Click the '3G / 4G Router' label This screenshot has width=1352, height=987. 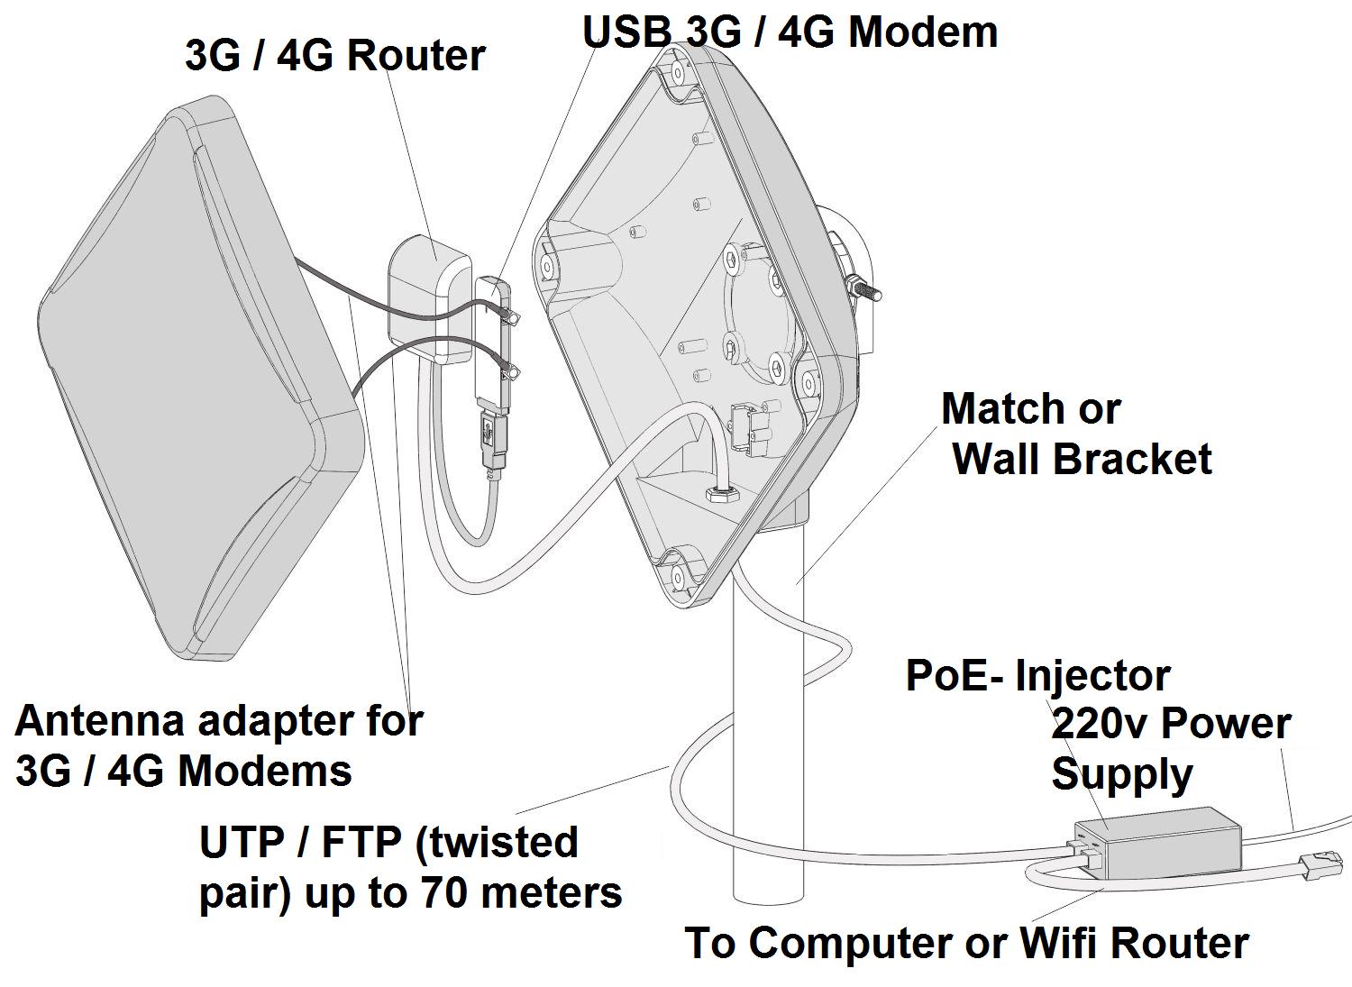[x=334, y=55]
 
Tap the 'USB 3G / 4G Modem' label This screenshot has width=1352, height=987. [x=790, y=32]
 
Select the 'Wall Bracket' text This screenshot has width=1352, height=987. [x=1082, y=459]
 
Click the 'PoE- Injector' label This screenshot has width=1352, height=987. [x=1037, y=676]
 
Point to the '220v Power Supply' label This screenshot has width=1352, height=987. [x=1169, y=748]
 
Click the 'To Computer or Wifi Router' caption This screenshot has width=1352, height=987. [x=966, y=943]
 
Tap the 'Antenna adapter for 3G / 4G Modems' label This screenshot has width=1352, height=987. [x=218, y=745]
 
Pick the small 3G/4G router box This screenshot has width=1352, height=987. [x=428, y=297]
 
